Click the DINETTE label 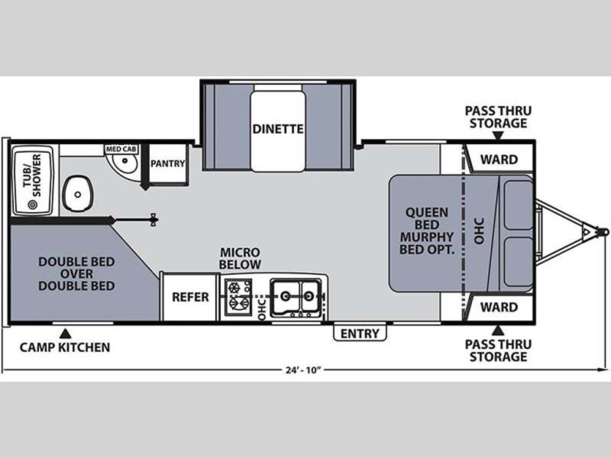[x=278, y=129]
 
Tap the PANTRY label [x=167, y=163]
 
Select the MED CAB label [x=121, y=149]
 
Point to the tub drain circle [x=32, y=204]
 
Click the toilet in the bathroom [x=78, y=193]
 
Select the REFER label [x=190, y=297]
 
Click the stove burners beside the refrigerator [x=238, y=296]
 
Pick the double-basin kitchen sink [x=296, y=297]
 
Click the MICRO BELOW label [x=240, y=259]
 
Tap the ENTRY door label [x=360, y=334]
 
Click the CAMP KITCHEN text [x=65, y=347]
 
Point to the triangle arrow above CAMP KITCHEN [x=65, y=334]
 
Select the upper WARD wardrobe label [x=499, y=160]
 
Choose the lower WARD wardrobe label [x=499, y=308]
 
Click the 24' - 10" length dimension [x=302, y=370]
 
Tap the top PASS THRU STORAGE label [x=498, y=117]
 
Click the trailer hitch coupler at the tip [x=603, y=232]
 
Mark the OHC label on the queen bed [x=479, y=231]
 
